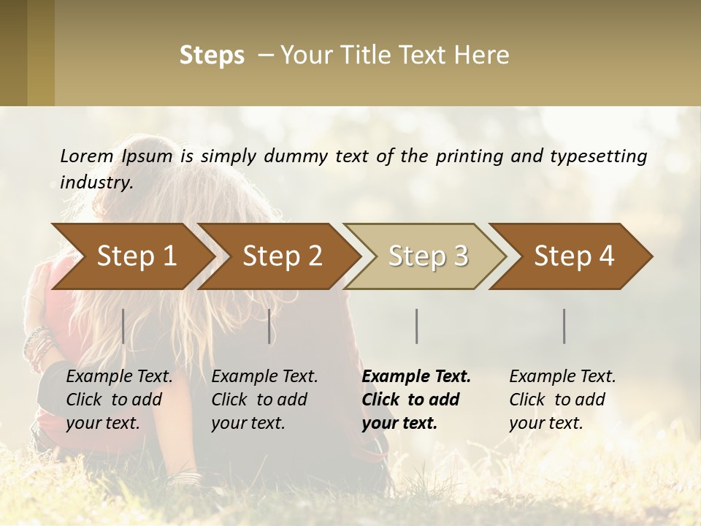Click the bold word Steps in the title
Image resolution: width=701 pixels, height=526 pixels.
(x=212, y=56)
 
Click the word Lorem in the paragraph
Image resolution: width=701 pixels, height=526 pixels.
(x=86, y=156)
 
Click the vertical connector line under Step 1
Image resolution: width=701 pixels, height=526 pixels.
(x=123, y=326)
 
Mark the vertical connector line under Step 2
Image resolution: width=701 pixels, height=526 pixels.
(x=269, y=326)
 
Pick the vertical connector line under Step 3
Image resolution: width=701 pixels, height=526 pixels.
(x=417, y=326)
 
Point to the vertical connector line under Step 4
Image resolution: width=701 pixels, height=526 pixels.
(x=564, y=326)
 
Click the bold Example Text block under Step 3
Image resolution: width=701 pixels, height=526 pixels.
(x=416, y=400)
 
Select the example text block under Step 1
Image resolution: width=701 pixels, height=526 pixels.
(x=119, y=400)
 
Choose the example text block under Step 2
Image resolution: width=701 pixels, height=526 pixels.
(x=264, y=400)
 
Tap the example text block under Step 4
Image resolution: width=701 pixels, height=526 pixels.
(x=562, y=400)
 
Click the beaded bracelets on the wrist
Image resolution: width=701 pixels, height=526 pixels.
(x=38, y=346)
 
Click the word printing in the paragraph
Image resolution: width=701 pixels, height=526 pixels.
(x=468, y=156)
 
